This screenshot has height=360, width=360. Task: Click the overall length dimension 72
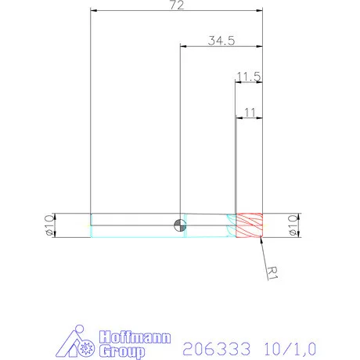pos(176,5)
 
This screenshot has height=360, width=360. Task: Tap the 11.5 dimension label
pos(248,77)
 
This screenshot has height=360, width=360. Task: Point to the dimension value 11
pos(250,113)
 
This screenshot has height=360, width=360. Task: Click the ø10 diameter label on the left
pos(48,225)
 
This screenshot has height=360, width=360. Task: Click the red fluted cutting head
pos(250,225)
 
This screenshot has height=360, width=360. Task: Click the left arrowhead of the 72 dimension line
pos(94,11)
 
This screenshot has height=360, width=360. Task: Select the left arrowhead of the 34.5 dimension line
pos(184,47)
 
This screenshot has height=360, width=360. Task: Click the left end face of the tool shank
pos(92,225)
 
